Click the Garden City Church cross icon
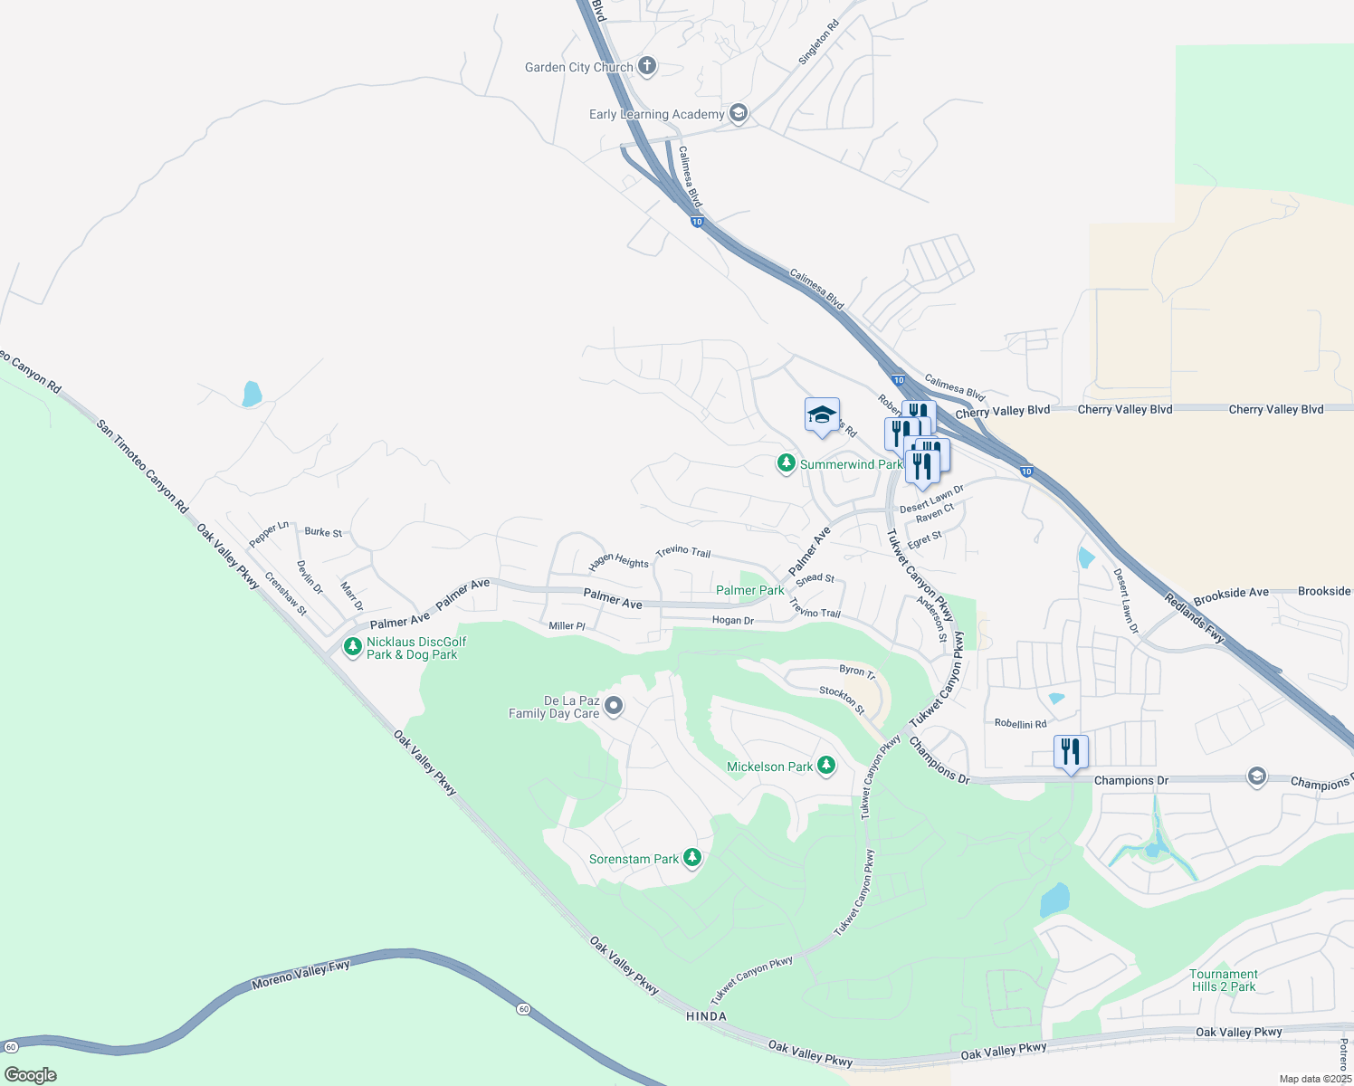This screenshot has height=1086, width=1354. [646, 66]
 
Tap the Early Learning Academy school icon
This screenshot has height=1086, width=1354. [738, 113]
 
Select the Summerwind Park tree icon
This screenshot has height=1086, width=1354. [787, 464]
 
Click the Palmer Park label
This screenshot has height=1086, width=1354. [749, 590]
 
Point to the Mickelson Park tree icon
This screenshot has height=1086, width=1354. [825, 767]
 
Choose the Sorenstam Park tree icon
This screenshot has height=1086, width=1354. [692, 858]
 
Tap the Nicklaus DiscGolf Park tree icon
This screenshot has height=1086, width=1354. [352, 647]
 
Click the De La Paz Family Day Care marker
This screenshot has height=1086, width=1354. [614, 706]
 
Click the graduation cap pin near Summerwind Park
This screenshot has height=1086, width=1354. [822, 415]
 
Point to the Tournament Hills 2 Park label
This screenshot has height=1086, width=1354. [1224, 980]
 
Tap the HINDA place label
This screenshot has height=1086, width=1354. [706, 1016]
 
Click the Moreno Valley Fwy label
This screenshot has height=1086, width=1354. [300, 975]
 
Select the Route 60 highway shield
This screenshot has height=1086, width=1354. [523, 1008]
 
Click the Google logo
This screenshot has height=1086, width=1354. [31, 1075]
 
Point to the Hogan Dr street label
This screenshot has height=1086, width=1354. [732, 621]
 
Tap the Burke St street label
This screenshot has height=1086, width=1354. [323, 532]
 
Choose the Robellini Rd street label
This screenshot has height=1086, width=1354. [1020, 724]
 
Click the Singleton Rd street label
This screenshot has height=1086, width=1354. [818, 43]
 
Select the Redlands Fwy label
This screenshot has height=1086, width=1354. [1195, 619]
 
